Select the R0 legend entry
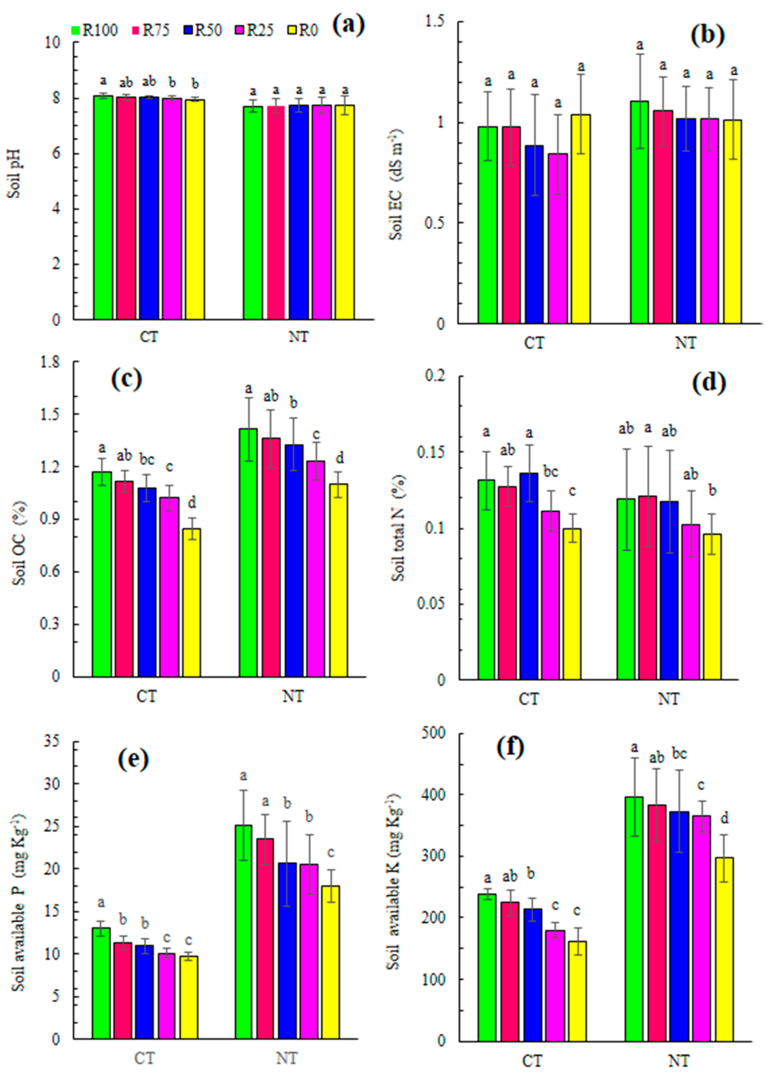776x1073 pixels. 303,30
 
